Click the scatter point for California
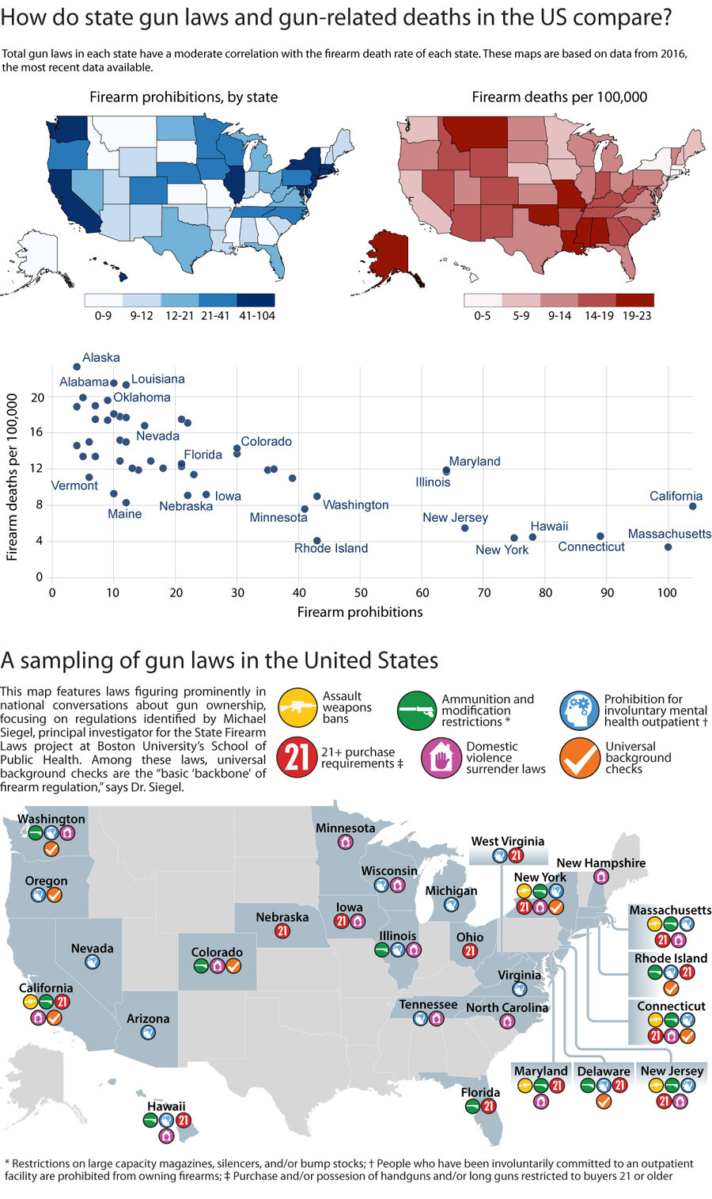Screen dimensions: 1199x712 [x=692, y=507]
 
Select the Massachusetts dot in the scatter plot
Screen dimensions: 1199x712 [x=668, y=547]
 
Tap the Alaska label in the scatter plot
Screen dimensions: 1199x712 [x=100, y=358]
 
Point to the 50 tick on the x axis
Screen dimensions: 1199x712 [x=361, y=592]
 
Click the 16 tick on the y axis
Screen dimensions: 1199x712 [x=37, y=432]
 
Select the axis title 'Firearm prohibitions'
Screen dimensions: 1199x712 [x=360, y=612]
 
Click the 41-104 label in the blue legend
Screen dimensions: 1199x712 [x=256, y=316]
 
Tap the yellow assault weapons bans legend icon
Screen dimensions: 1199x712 [x=297, y=708]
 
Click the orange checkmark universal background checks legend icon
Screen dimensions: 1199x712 [x=580, y=758]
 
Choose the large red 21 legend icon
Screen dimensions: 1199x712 [x=296, y=758]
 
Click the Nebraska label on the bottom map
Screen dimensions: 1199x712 [x=282, y=917]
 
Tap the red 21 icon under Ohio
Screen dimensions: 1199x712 [x=470, y=951]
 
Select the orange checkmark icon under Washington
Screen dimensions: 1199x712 [x=51, y=849]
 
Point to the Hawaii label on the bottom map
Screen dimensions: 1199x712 [x=166, y=1106]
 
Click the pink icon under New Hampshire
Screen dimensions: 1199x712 [x=600, y=877]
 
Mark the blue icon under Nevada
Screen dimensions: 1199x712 [x=93, y=963]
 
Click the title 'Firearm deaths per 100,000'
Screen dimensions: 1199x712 [x=559, y=97]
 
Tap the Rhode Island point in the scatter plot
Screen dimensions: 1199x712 [x=317, y=541]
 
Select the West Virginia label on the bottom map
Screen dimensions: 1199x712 [x=507, y=842]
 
